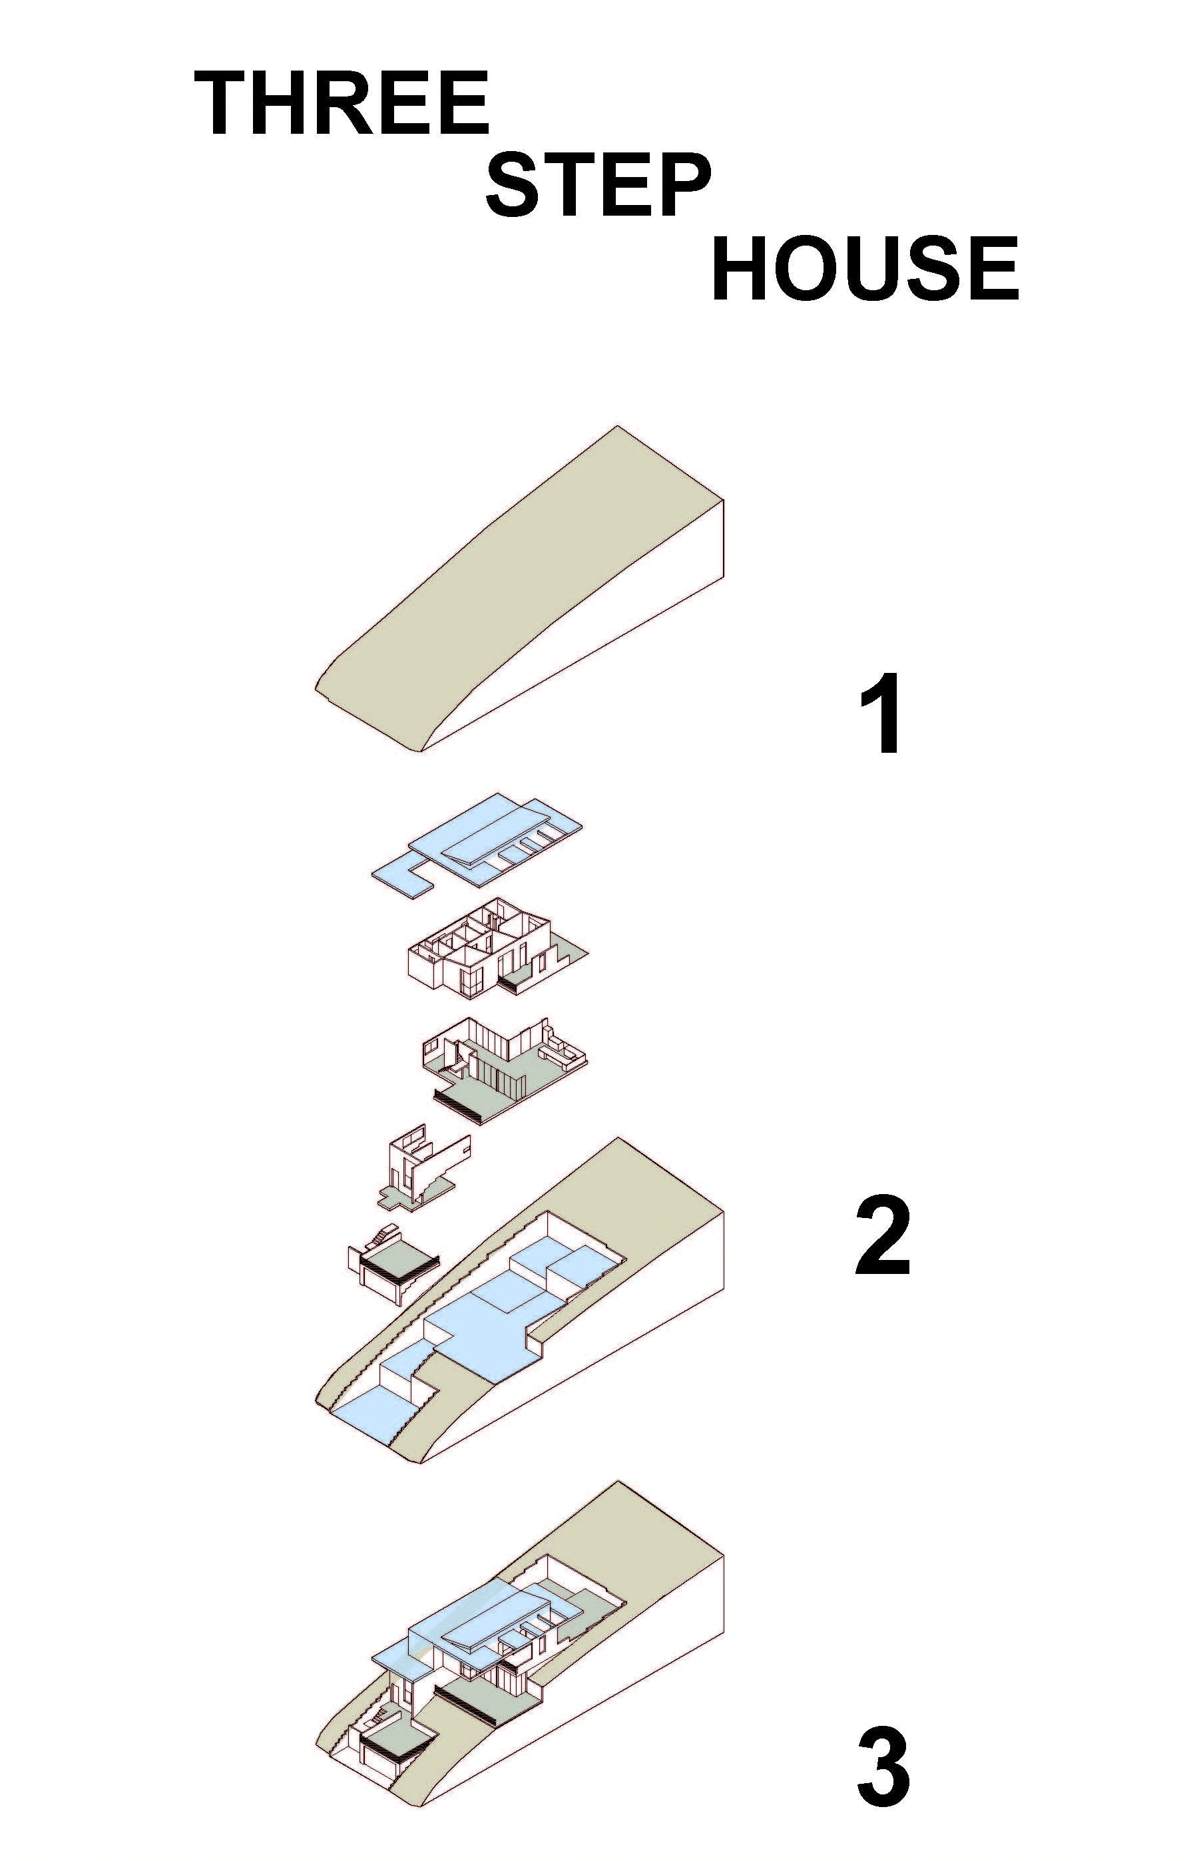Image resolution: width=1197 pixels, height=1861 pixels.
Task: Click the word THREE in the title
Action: click(342, 103)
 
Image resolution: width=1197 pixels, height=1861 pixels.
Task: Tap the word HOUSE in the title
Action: click(864, 268)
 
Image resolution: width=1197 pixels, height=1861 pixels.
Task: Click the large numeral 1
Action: click(881, 714)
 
